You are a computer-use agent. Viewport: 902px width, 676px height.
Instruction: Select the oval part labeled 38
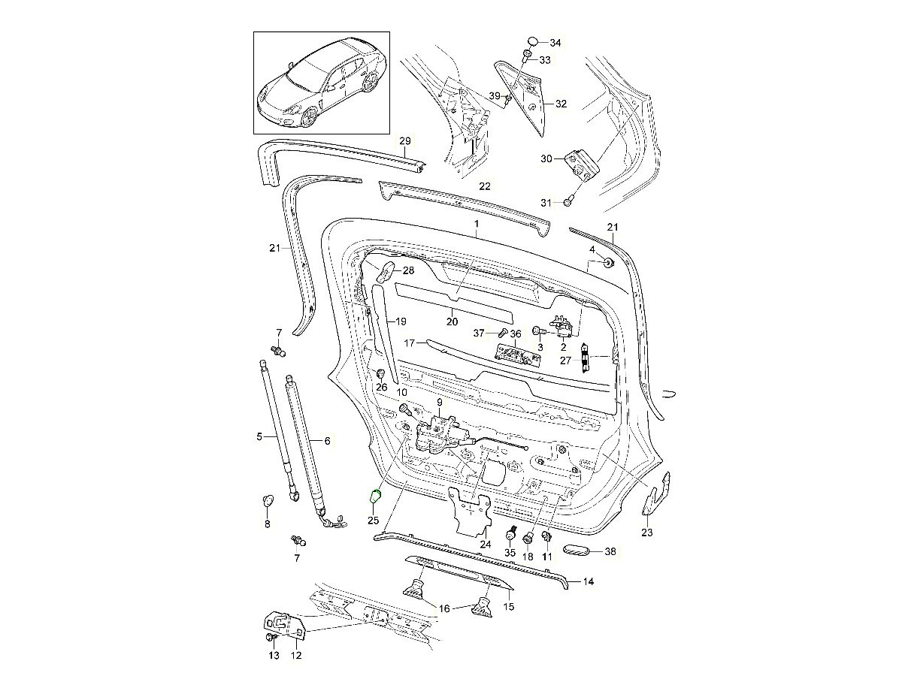tap(577, 551)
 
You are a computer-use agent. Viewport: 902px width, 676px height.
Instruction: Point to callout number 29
tap(405, 141)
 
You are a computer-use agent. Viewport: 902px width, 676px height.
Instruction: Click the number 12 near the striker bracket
tap(295, 656)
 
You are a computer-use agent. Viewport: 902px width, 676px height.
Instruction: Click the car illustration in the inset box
tap(321, 83)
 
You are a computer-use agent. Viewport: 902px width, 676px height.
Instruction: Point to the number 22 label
tap(484, 186)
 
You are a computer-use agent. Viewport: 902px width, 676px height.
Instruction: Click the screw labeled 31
tap(569, 201)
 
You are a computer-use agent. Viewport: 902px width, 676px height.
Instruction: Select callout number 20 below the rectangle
tap(452, 321)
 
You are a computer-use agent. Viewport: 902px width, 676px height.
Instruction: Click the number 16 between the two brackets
tap(444, 608)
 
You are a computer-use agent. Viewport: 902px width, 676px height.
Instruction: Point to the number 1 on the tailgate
tap(476, 224)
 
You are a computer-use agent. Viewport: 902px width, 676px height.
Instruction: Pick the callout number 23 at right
tap(647, 533)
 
